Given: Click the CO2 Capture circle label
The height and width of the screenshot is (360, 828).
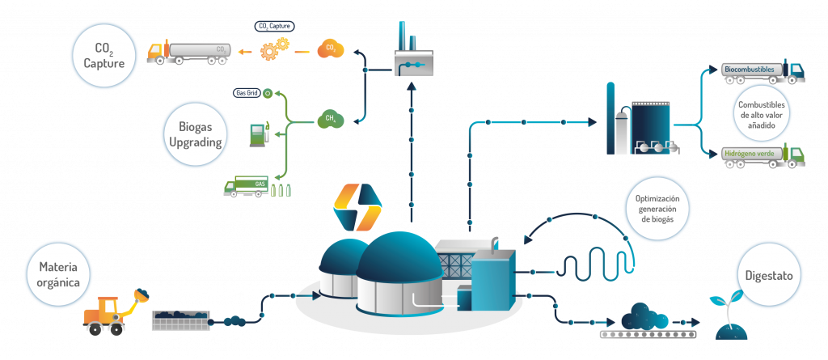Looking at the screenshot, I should (103, 53).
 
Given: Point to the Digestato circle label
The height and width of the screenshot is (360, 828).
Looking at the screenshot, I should (770, 276).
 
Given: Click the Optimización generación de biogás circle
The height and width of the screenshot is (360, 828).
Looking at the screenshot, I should (662, 208).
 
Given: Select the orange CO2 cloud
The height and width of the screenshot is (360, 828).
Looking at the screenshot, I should (331, 49).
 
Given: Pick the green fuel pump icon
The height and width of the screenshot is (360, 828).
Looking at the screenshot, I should (258, 133).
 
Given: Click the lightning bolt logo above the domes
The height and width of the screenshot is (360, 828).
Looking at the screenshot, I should (357, 207).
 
